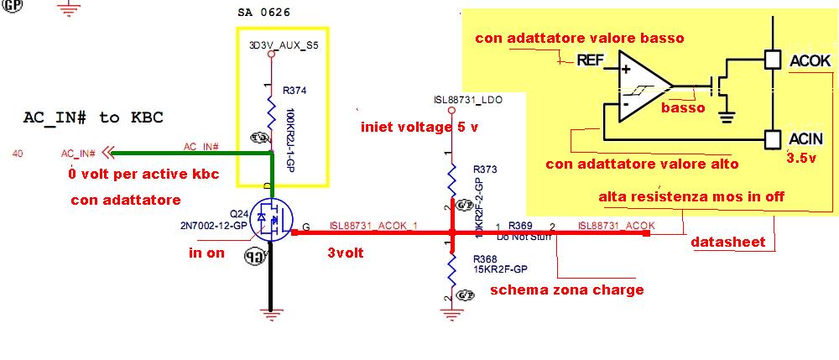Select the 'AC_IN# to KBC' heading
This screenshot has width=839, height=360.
pos(92,117)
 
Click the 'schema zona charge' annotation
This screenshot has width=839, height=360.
pos(566,290)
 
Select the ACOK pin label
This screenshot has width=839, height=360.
pos(810,61)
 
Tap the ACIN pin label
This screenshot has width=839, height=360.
pos(809,138)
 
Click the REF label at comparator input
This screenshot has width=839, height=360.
pos(590,60)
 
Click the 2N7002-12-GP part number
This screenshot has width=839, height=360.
pos(214,226)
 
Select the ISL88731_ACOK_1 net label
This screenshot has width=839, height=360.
pos(373,225)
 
